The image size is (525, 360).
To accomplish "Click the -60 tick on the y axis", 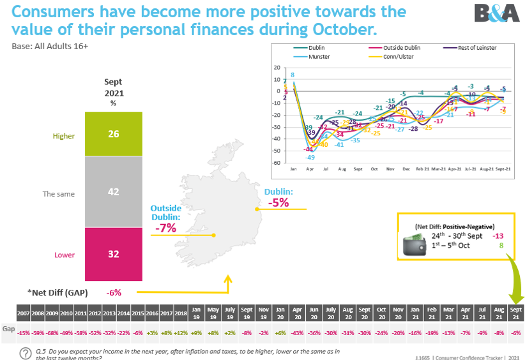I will pyautogui.click(x=277, y=163).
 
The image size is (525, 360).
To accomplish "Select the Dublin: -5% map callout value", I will pyautogui.click(x=278, y=203).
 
